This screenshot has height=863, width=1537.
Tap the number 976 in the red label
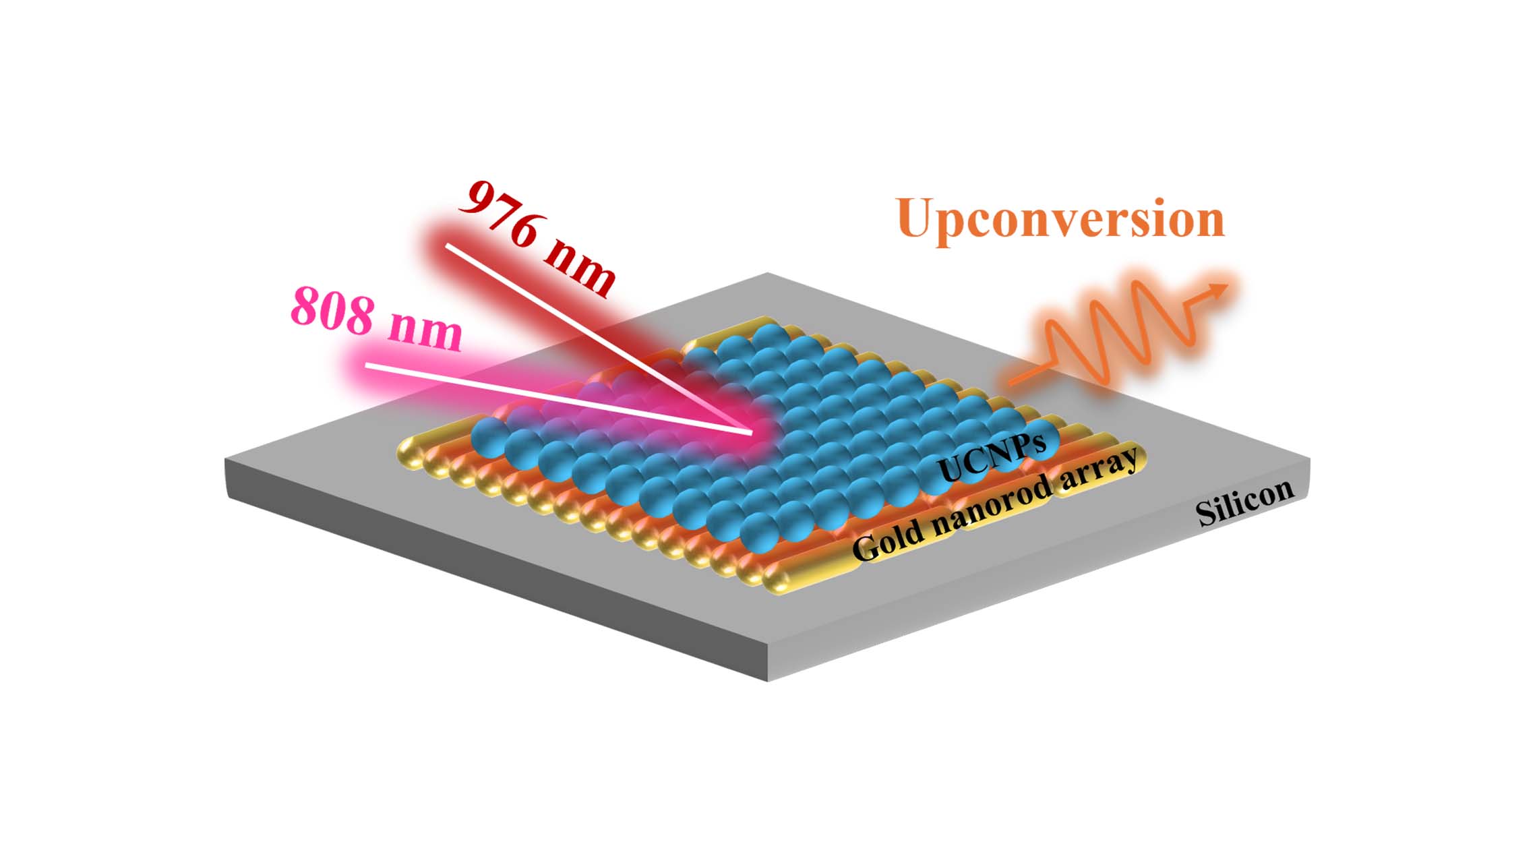coord(500,214)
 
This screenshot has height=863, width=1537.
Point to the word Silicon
coord(1245,502)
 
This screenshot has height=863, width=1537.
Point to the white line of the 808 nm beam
coord(558,398)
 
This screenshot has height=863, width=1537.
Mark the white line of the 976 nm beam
coord(598,338)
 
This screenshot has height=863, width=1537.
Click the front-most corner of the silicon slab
coord(768,680)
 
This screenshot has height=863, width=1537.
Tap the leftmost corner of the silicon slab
coord(226,460)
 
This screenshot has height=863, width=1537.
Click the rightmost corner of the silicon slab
coord(1310,458)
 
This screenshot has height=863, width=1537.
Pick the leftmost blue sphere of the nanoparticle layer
coord(488,436)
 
